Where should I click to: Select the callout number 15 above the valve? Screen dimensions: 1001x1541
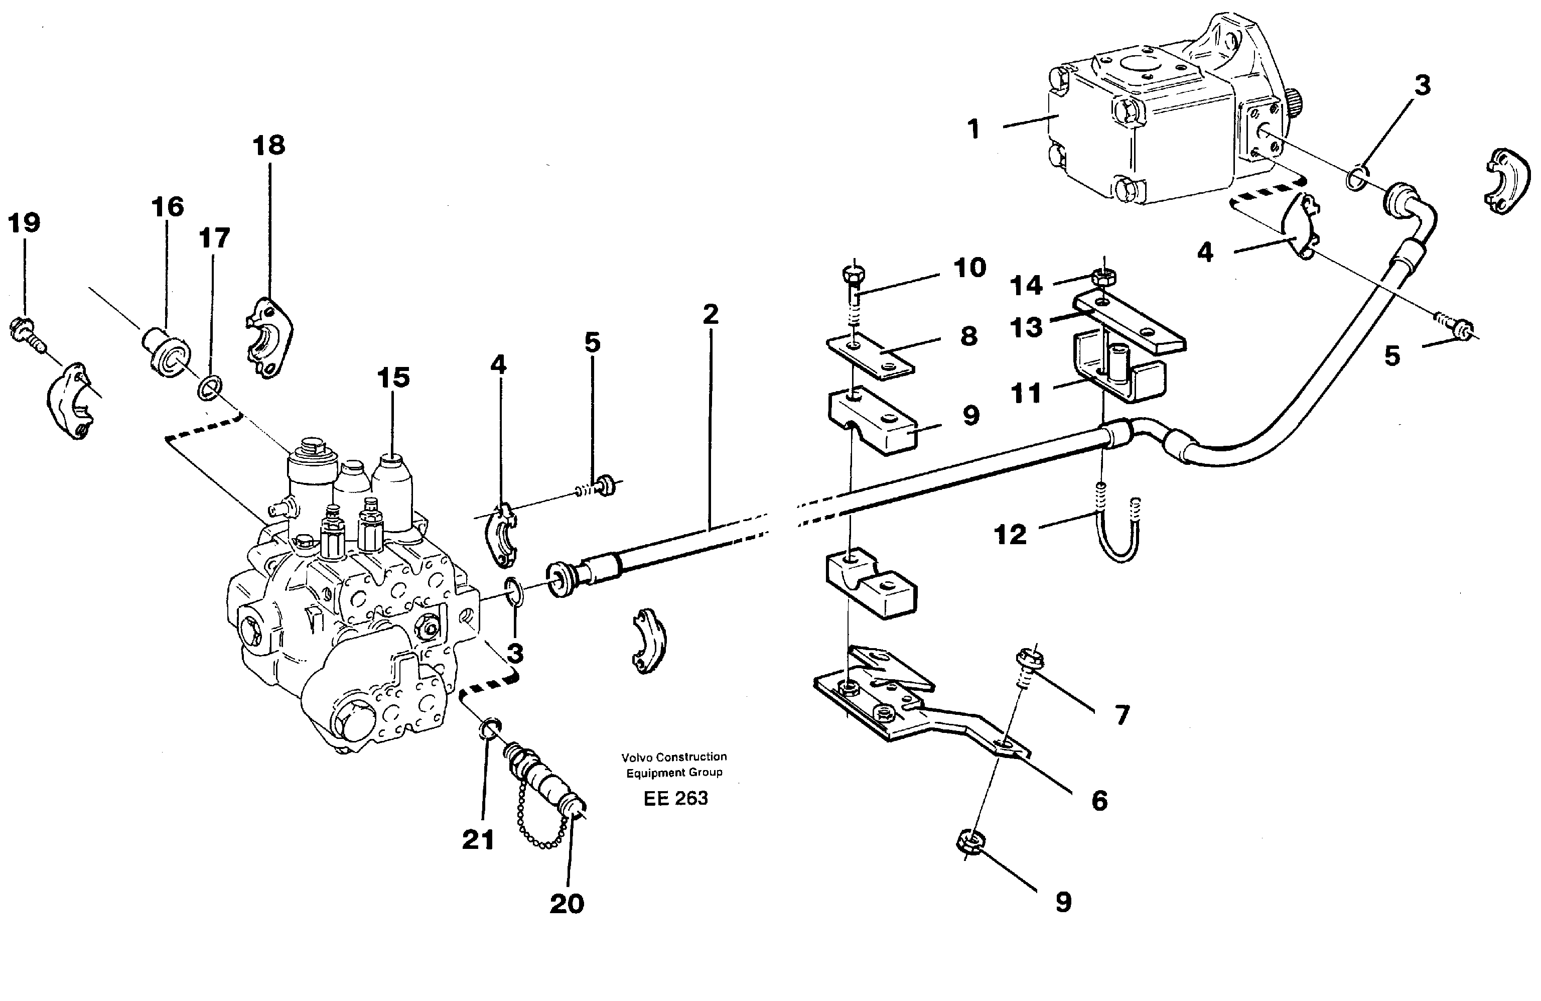click(393, 378)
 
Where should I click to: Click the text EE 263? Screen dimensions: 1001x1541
click(675, 798)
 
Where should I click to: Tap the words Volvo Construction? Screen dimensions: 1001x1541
click(673, 757)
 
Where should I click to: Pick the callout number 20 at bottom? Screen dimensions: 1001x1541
click(567, 904)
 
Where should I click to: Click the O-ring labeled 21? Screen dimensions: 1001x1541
click(490, 730)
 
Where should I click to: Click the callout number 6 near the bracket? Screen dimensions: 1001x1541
click(1099, 801)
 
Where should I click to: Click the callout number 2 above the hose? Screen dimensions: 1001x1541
click(710, 315)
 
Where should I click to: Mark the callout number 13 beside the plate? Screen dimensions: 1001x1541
click(1026, 328)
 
